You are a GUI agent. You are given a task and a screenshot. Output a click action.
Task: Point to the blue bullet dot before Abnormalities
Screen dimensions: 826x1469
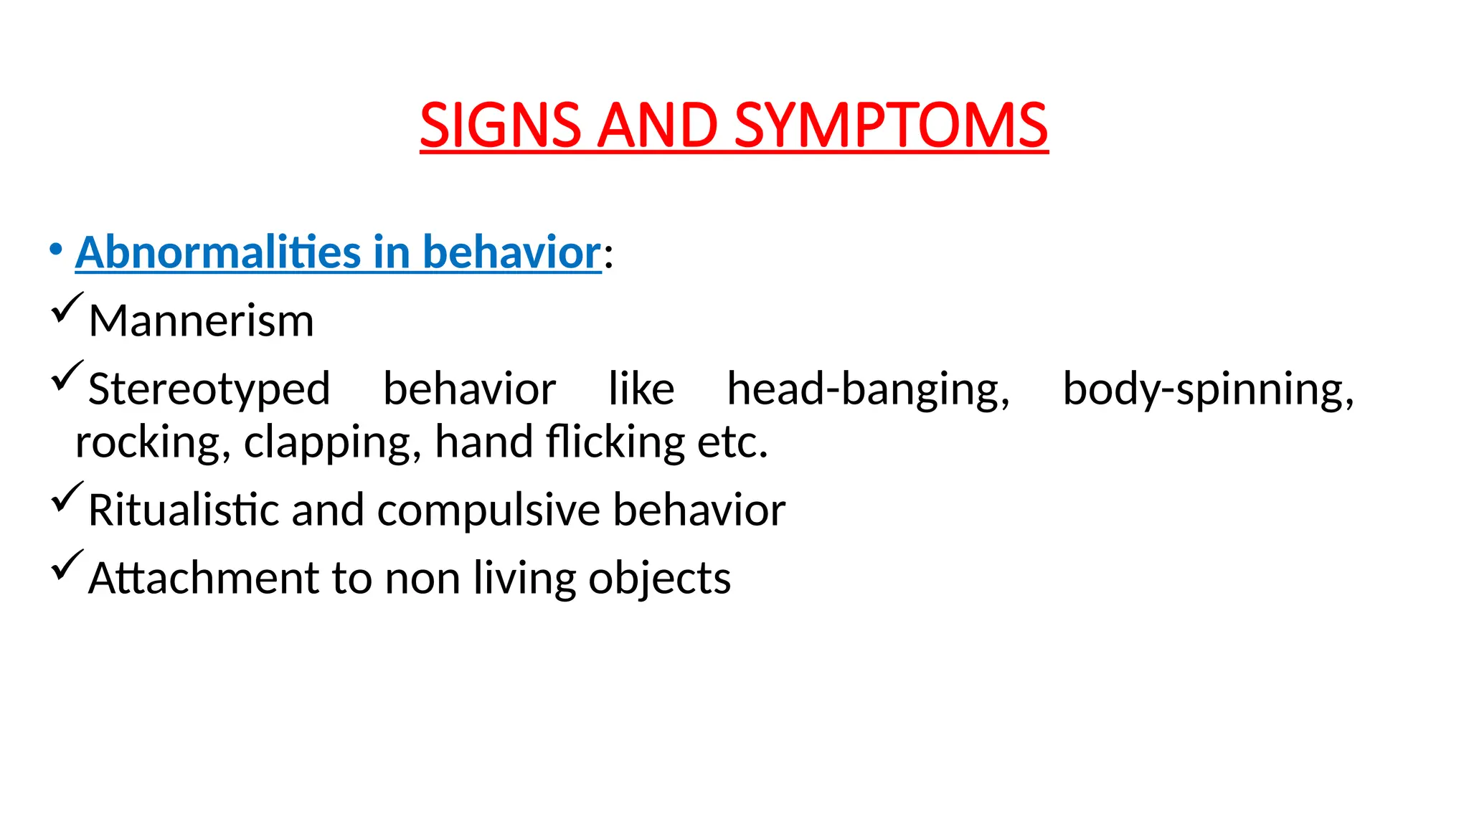(x=55, y=250)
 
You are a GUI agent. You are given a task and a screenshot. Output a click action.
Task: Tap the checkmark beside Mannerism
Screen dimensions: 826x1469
(x=67, y=309)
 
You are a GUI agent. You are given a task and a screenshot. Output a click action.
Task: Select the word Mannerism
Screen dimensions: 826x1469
(x=201, y=321)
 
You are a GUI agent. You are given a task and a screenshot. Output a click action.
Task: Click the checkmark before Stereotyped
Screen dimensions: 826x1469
(x=67, y=377)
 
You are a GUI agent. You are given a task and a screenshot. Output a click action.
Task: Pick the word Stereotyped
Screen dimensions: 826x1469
(x=209, y=389)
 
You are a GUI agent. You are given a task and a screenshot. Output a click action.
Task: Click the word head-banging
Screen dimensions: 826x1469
(x=868, y=389)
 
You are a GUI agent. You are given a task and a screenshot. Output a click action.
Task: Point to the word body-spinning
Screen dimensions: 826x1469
(x=1208, y=389)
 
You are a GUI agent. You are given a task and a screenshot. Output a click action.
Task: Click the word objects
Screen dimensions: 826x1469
(x=659, y=579)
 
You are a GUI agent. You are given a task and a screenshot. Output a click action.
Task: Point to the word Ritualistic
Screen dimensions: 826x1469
(x=183, y=510)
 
